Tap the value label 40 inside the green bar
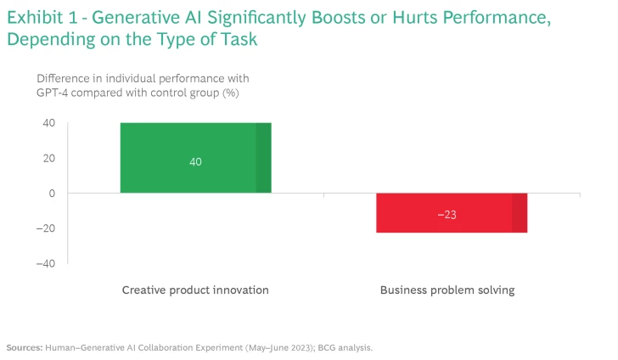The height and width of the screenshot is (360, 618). click(195, 161)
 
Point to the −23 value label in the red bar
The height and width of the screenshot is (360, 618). click(447, 215)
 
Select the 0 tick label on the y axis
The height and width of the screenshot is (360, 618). click(51, 194)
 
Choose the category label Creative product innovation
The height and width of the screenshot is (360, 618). click(195, 290)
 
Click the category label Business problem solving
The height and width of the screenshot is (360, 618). click(447, 290)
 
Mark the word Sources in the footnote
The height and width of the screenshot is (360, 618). click(24, 347)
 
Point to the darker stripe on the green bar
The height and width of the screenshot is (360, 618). click(263, 158)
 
